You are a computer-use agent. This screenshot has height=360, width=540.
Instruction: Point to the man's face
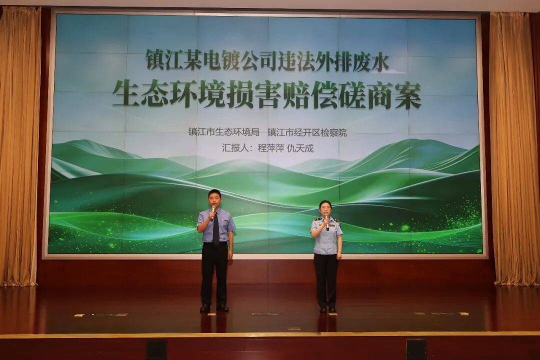coord(214,199)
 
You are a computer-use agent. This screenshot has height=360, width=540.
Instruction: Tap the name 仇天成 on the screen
coord(300,148)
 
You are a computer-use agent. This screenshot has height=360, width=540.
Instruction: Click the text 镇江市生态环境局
coord(223,132)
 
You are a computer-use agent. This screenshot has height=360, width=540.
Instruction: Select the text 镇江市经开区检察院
coord(307,132)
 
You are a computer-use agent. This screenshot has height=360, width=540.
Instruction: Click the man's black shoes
coord(214,307)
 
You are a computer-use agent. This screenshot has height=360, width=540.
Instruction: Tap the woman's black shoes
coord(327,309)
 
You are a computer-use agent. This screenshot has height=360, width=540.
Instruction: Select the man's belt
coord(215,244)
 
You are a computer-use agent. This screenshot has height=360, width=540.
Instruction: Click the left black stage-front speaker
coord(156,349)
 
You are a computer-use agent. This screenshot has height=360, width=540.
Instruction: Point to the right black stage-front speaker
coord(416,349)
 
